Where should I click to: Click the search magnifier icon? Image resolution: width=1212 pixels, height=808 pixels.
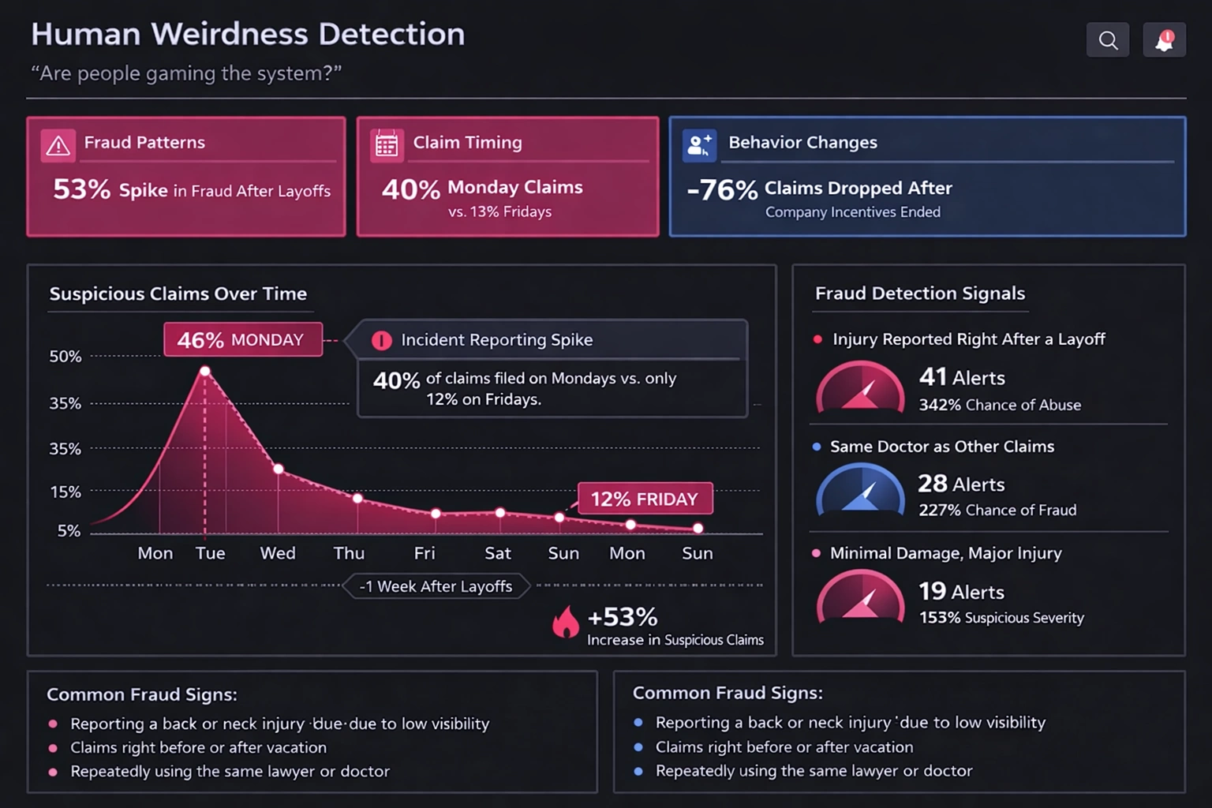point(1108,40)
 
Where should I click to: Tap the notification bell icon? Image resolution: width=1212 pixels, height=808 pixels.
point(1164,40)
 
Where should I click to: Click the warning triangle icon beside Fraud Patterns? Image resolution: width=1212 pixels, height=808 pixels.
point(58,145)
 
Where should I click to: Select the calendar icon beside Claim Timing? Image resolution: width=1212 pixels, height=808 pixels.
point(387,145)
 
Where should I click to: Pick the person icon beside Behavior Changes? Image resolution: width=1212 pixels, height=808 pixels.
point(699,145)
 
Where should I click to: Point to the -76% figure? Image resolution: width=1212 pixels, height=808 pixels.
point(722,190)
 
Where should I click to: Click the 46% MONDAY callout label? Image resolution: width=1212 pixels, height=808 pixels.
point(242,340)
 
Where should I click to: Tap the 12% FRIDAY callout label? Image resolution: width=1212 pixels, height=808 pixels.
point(645,499)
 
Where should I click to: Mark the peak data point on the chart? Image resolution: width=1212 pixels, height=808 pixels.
point(205,371)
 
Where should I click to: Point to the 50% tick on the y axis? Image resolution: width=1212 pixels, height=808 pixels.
point(65,357)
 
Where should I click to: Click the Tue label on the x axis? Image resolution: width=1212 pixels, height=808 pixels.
point(210,553)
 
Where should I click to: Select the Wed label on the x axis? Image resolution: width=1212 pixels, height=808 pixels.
point(278,553)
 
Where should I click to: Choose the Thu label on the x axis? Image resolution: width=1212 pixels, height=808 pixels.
point(349,553)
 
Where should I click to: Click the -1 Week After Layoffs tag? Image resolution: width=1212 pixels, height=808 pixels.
point(436,586)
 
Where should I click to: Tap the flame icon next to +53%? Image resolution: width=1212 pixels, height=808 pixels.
point(565,622)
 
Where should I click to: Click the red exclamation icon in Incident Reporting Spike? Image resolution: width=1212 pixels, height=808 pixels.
point(381,340)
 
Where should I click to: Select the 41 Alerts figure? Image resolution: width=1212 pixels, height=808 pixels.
point(962,378)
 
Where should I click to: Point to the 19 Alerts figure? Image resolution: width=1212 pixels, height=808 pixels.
point(961,592)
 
